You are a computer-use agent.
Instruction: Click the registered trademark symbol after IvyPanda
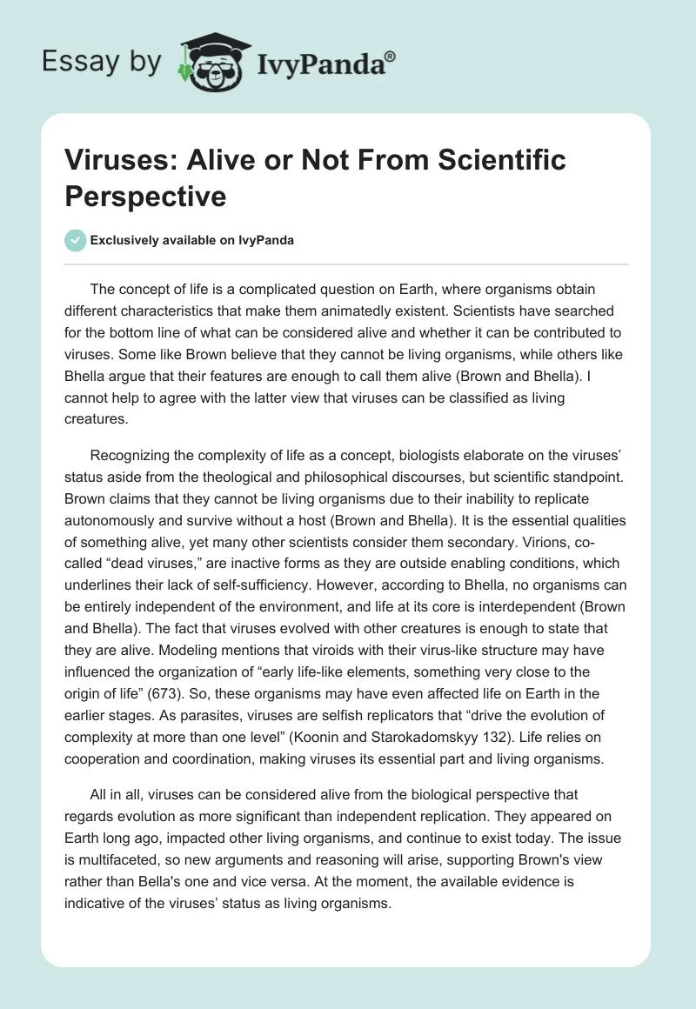click(391, 56)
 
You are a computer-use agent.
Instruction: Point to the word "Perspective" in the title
click(145, 196)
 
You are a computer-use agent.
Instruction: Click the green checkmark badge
click(77, 241)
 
